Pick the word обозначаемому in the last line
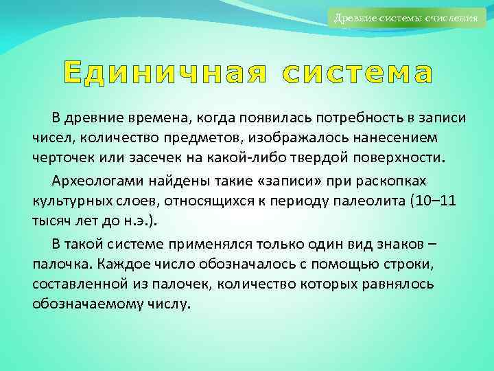click(x=85, y=302)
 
